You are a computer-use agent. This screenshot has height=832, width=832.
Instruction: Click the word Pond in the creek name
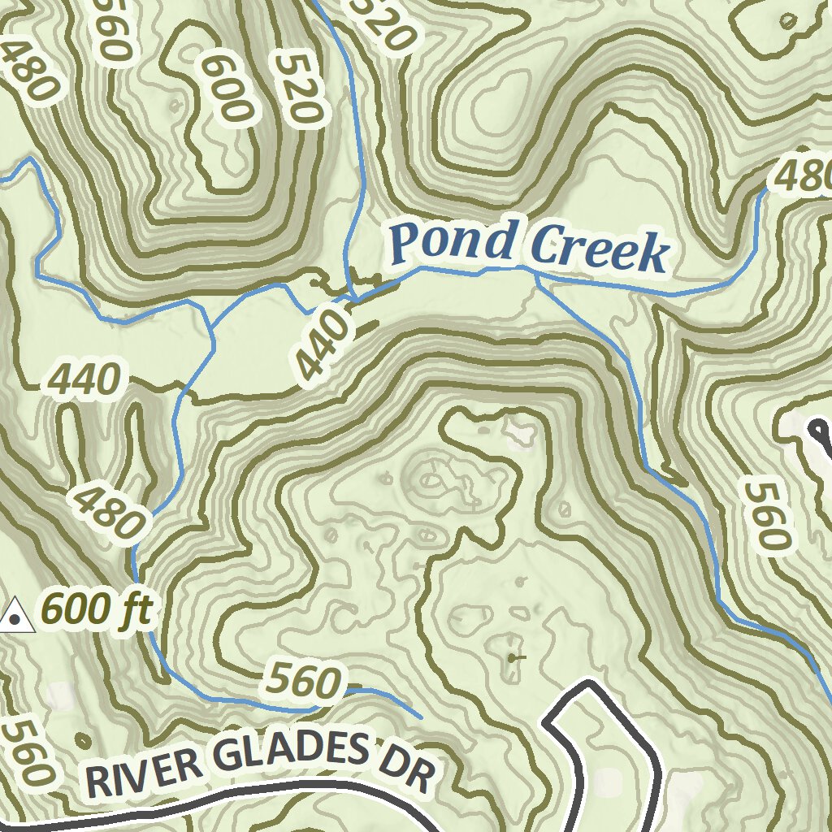tap(453, 241)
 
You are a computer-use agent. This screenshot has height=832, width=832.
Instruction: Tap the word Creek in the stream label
tap(600, 249)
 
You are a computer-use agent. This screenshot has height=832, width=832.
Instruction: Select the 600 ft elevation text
tap(96, 609)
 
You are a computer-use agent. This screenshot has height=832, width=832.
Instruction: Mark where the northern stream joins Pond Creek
tap(351, 298)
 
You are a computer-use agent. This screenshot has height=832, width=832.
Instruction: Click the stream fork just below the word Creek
tap(538, 278)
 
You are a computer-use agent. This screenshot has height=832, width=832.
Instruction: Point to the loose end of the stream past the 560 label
tap(422, 718)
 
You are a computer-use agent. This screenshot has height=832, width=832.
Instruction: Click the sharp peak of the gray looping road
tap(590, 685)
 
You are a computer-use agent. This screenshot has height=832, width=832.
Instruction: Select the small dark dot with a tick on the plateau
tap(512, 657)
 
